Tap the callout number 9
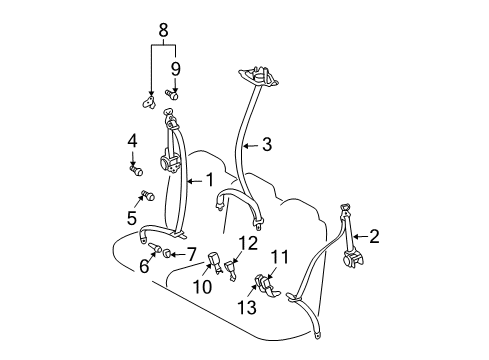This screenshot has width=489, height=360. [x=174, y=68]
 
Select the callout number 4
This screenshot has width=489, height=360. [x=132, y=143]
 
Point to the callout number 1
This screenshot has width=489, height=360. [x=209, y=179]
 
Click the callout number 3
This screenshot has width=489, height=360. [x=267, y=145]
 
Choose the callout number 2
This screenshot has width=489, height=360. [x=373, y=236]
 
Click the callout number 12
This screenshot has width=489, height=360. [x=247, y=242]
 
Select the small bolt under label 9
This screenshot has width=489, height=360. [x=171, y=95]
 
